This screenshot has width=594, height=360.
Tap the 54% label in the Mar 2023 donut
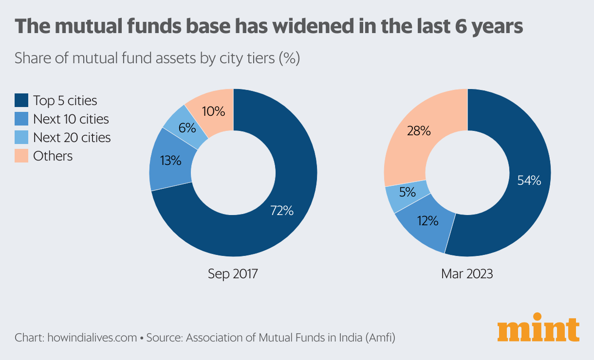click(529, 180)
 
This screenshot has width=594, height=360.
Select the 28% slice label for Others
click(419, 130)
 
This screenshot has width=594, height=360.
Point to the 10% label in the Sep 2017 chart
click(213, 111)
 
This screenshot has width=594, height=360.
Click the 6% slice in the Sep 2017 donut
click(187, 128)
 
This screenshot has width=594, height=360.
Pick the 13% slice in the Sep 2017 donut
click(170, 160)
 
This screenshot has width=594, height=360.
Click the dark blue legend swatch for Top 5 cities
click(21, 101)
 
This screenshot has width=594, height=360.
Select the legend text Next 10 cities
click(71, 119)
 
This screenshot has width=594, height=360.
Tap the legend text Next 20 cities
click(72, 138)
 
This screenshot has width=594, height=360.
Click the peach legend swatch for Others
click(21, 156)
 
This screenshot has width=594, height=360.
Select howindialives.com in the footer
click(92, 338)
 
